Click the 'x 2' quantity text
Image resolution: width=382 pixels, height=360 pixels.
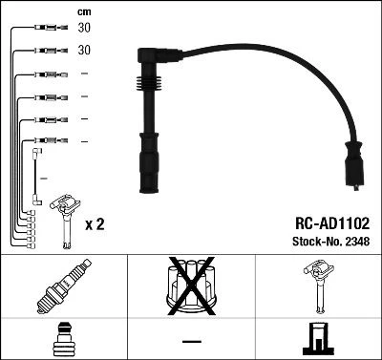point(94,225)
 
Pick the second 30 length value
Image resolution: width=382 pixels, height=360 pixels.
point(82,49)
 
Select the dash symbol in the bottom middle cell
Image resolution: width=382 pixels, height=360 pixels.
point(191,340)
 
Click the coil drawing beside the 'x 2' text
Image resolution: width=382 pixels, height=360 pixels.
point(67,215)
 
